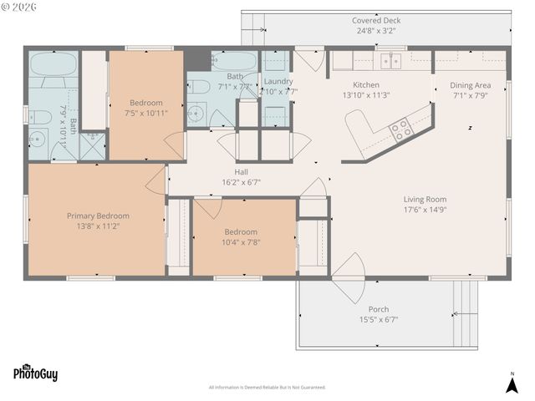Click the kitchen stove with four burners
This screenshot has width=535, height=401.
point(401,129)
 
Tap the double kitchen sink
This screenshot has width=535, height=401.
point(390,60)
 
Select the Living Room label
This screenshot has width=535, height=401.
point(425,200)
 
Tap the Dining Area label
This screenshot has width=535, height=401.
point(470,85)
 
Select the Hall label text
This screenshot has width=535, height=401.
point(241,171)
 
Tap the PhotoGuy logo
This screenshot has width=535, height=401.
point(35,373)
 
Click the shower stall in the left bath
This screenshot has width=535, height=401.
point(93,145)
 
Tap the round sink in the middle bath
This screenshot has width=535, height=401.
point(197,114)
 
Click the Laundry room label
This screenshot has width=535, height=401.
point(278,81)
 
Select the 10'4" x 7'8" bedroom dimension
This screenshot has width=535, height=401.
point(241,242)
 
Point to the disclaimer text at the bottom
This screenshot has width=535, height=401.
point(267,388)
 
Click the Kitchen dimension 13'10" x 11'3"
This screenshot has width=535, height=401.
point(366,95)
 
